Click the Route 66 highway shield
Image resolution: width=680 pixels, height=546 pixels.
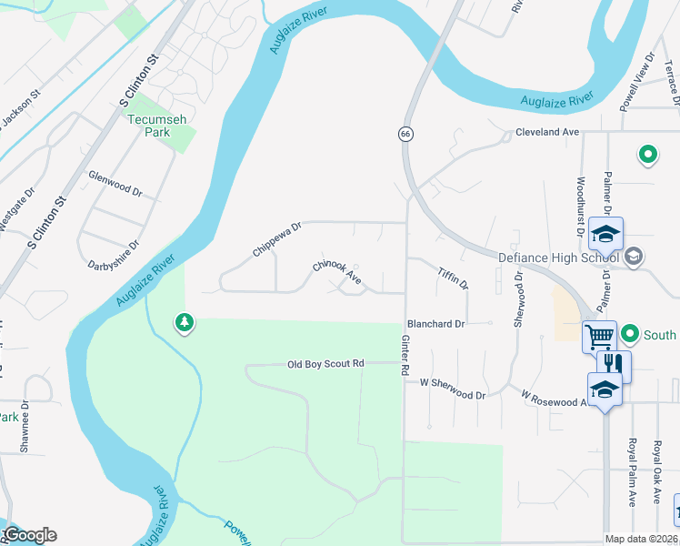tap(403, 134)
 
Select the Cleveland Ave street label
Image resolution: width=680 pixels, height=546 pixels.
tap(547, 132)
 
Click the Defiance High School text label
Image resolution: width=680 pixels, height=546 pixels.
tap(558, 258)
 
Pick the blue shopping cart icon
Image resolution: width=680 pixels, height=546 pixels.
tap(600, 337)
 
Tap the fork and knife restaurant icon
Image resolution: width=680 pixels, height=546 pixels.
tap(615, 364)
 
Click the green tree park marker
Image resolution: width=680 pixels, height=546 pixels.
tap(185, 322)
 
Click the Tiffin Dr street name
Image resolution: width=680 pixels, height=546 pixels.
tap(452, 278)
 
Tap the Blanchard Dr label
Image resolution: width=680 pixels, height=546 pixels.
tap(436, 323)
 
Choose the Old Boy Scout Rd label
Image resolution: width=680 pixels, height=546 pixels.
tap(325, 364)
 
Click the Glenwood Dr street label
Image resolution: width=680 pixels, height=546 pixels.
tap(115, 184)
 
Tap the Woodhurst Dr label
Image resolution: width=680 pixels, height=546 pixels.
tap(579, 199)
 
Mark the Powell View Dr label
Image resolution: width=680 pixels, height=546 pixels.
tap(637, 82)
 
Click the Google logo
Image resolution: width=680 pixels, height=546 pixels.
tap(30, 534)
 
